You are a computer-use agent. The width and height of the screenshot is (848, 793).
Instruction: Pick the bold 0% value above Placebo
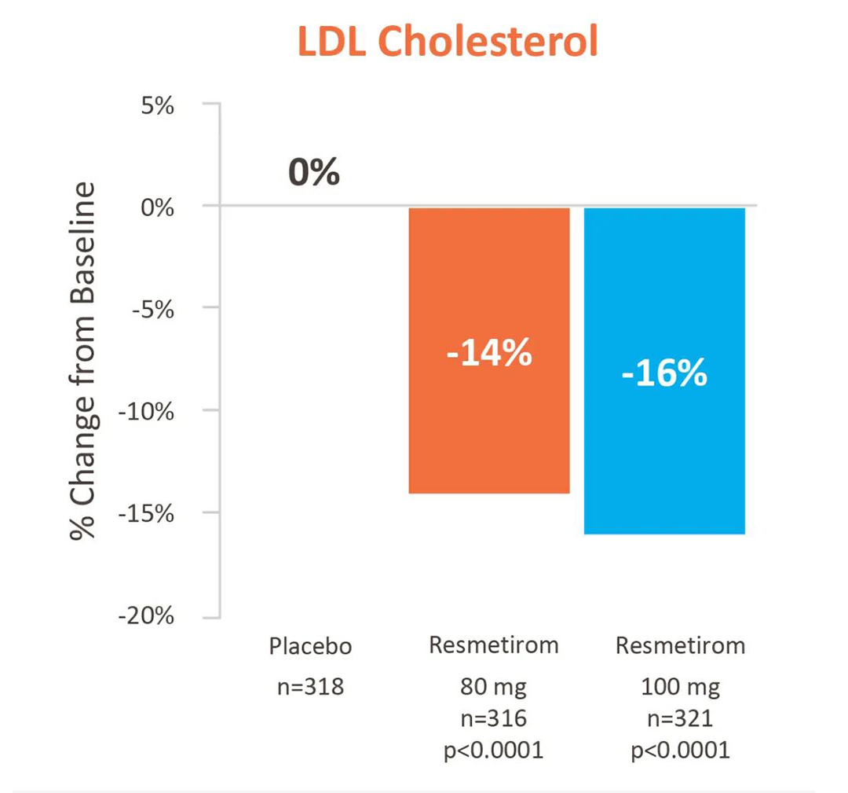pos(314,172)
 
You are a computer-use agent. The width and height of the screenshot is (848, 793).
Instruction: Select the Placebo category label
pos(310,648)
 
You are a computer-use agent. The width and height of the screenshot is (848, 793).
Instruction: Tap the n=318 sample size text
pos(310,687)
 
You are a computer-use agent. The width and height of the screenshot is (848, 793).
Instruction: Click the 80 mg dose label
pos(493,687)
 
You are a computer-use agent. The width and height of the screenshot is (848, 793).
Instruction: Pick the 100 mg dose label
pos(680,687)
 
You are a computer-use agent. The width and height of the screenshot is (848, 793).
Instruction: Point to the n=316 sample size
pos(493,718)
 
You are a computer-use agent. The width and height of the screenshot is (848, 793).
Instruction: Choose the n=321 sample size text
pos(680,718)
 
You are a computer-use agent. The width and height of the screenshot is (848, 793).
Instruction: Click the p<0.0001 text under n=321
pos(680,751)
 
